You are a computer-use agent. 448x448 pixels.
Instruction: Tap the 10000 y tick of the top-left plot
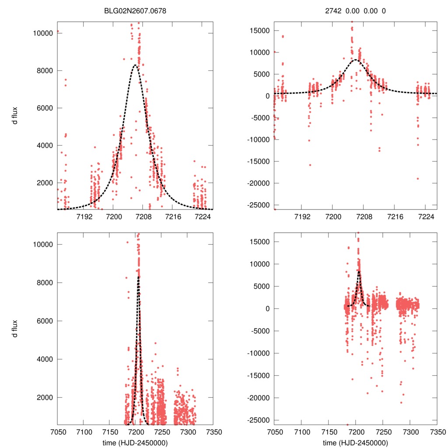point(43,33)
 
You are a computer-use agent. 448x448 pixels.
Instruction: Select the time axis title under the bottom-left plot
point(135,442)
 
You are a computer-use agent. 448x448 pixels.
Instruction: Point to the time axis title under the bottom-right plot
point(355,442)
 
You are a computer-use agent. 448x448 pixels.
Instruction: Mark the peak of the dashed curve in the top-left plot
point(135,65)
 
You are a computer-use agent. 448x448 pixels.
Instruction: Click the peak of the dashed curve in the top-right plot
point(356,59)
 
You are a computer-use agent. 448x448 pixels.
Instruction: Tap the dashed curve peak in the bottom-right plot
point(359,271)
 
